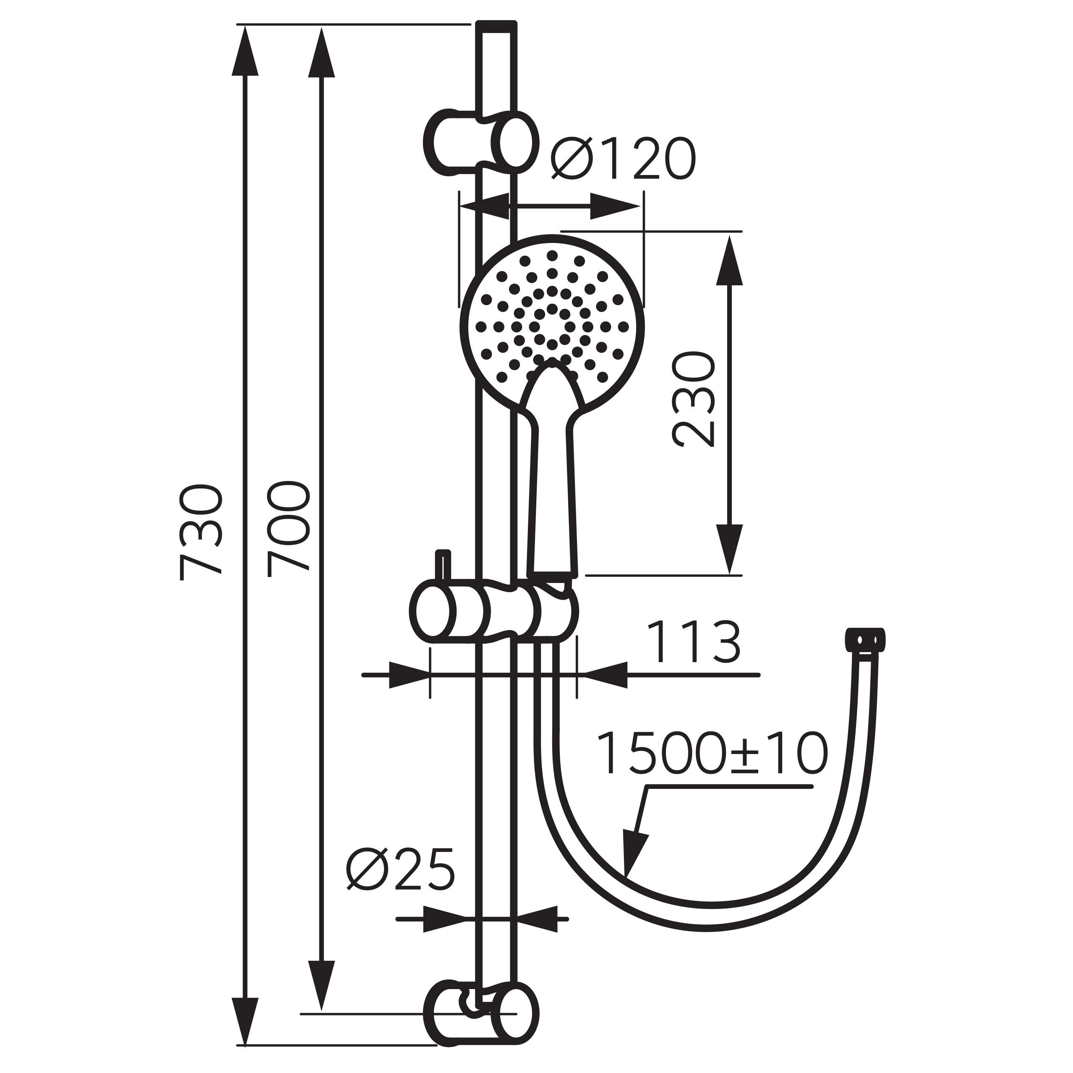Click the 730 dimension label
201,533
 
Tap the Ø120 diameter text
623,159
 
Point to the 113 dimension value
694,642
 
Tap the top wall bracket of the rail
481,142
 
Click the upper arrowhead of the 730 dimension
245,53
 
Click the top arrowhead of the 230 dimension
729,261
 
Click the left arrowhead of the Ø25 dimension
444,919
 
